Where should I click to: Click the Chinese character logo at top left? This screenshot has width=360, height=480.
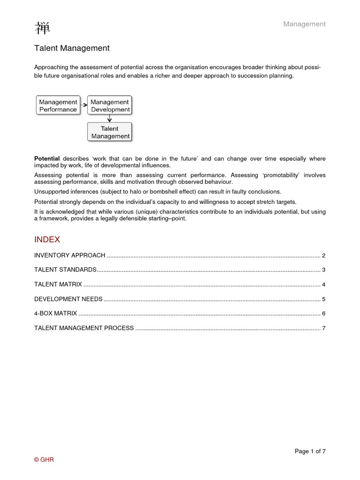42,28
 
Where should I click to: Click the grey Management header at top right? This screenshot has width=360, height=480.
304,24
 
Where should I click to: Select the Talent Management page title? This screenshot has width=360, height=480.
72,48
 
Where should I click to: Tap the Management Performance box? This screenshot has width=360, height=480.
58,105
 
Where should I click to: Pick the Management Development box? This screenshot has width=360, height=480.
110,105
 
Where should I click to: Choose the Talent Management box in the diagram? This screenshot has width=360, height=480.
110,132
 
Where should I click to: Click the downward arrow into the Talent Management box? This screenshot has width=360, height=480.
110,119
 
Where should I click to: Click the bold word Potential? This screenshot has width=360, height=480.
47,159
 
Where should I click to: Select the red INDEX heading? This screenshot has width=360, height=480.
47,240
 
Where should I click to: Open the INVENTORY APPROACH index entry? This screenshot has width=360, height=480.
69,255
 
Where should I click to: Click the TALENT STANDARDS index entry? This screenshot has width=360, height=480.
65,270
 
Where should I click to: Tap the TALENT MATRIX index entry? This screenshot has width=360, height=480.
58,285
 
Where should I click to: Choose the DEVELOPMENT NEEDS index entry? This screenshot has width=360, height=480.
68,299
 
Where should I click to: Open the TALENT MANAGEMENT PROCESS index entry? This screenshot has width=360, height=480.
84,328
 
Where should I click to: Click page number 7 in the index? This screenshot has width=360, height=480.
323,328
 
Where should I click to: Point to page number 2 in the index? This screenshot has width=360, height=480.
323,255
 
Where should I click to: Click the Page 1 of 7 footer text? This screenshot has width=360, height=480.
310,451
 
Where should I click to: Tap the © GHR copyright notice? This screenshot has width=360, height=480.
44,460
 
